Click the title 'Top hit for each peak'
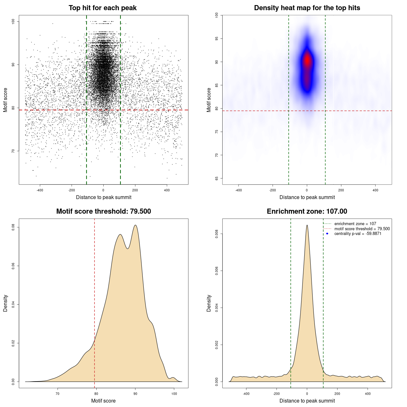[102, 8]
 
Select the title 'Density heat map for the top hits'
[307, 8]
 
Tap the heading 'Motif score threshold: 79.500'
[103, 211]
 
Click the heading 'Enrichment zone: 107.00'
[307, 211]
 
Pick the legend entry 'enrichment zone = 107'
[355, 224]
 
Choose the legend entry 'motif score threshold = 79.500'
[362, 229]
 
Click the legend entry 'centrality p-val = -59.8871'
[358, 234]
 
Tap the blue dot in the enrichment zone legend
[327, 234]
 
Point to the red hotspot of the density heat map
[307, 60]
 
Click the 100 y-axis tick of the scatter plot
[13, 21]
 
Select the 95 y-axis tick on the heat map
[217, 38]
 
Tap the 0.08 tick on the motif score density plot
[13, 227]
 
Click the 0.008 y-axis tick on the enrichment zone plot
[217, 234]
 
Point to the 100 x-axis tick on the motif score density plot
[174, 394]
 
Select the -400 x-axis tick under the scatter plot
[40, 190]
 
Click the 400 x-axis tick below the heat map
[376, 190]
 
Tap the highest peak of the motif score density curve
[135, 225]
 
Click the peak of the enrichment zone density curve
[307, 225]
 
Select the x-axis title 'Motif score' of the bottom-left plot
[103, 401]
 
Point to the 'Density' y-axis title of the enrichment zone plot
[209, 303]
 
